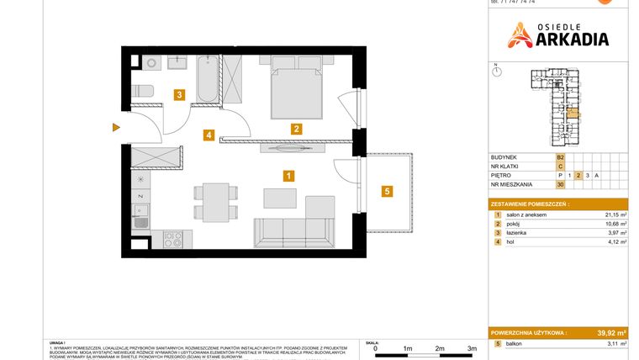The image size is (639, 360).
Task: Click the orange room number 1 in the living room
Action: pyautogui.click(x=288, y=176)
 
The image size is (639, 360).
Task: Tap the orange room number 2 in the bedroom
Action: pyautogui.click(x=296, y=129)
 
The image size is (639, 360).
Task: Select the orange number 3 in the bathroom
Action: pyautogui.click(x=179, y=95)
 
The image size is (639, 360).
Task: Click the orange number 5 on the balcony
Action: pyautogui.click(x=387, y=191)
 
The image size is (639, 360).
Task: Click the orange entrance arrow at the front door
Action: pyautogui.click(x=117, y=128)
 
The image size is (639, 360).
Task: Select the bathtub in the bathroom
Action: pyautogui.click(x=207, y=81)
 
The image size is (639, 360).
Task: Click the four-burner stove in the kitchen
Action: pyautogui.click(x=172, y=241)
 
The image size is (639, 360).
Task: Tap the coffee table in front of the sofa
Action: pyautogui.click(x=280, y=198)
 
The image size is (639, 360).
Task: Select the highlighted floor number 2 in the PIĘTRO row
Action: pyautogui.click(x=578, y=175)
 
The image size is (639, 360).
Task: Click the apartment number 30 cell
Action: pyautogui.click(x=560, y=184)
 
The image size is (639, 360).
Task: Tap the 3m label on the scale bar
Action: pyautogui.click(x=472, y=348)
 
